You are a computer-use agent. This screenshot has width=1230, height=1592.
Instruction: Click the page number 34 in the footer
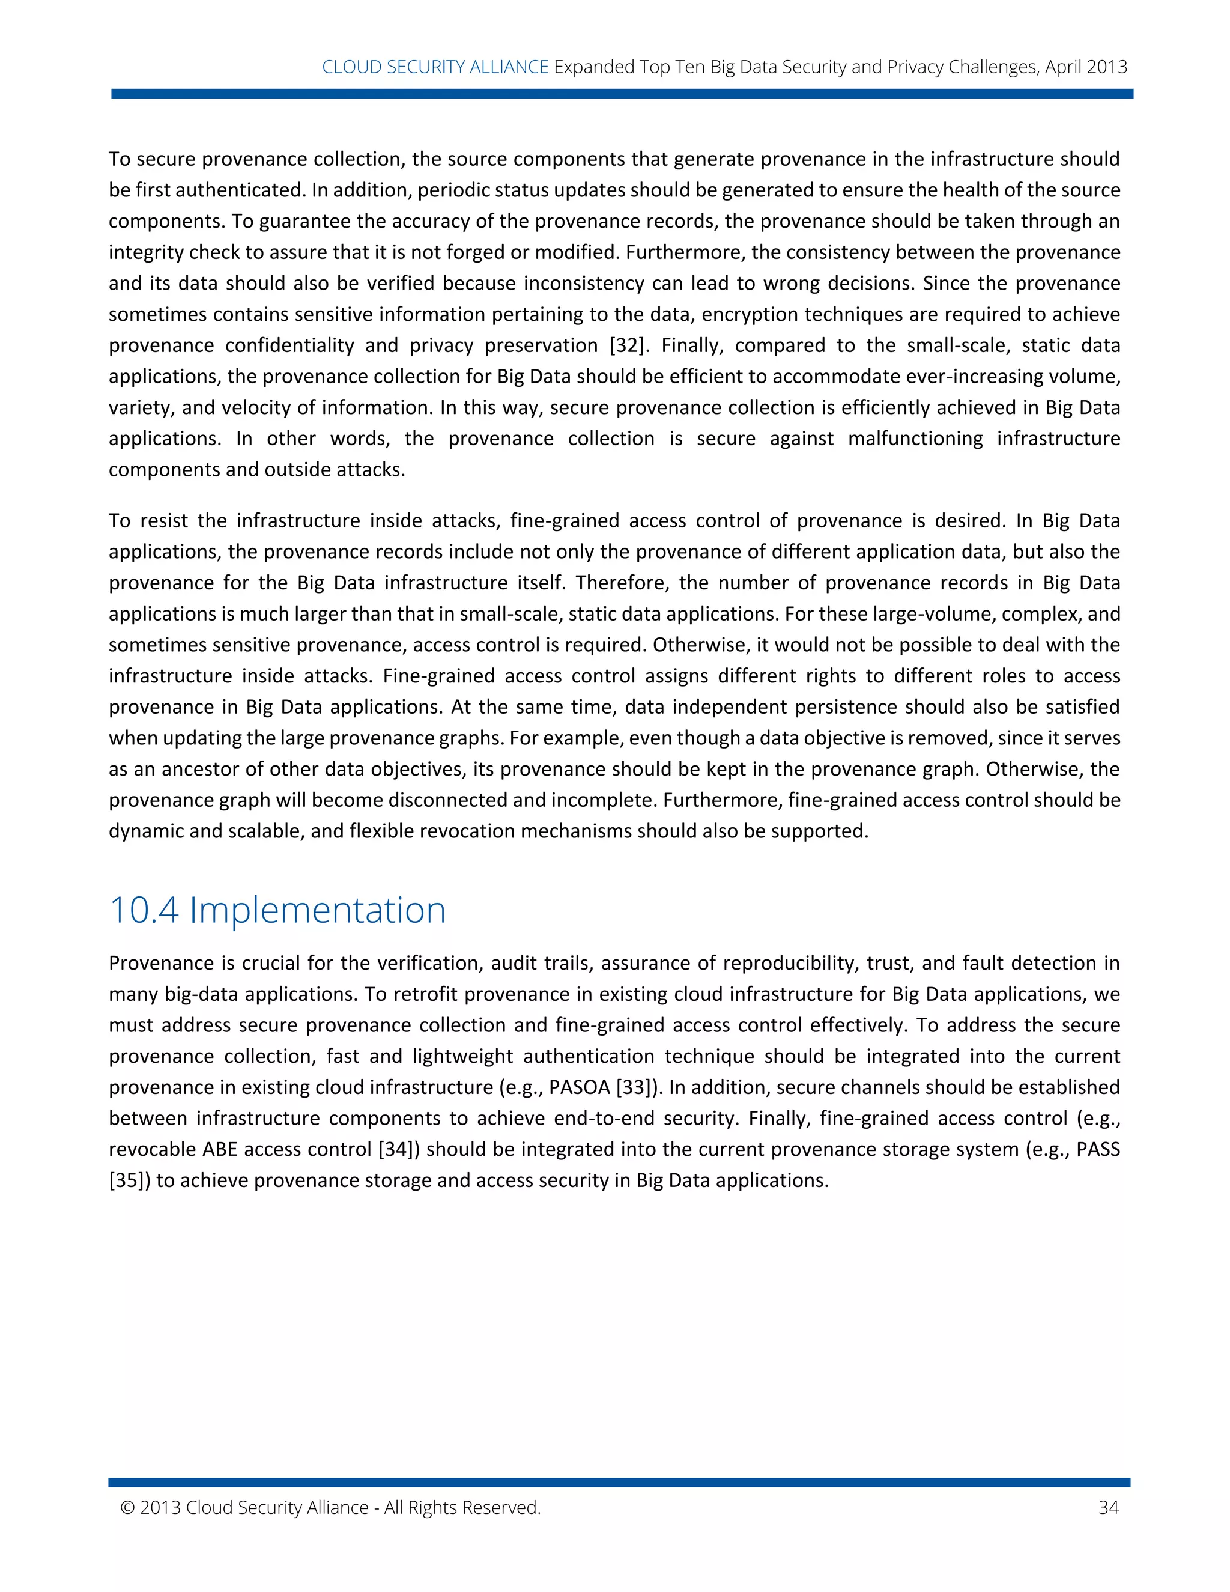[1107, 1507]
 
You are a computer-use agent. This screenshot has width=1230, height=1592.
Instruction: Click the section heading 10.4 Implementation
[277, 910]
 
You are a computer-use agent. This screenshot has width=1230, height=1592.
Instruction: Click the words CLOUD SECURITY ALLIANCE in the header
[435, 67]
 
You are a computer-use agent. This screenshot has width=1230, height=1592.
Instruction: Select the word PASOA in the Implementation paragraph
[580, 1087]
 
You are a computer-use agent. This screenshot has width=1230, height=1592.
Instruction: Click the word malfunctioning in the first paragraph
[915, 438]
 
